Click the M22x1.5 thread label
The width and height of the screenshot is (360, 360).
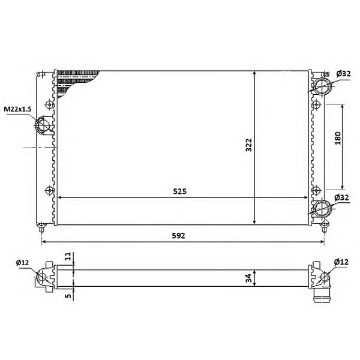[17, 109]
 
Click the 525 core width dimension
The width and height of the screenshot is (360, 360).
[180, 191]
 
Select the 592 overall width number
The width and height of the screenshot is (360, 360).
[178, 236]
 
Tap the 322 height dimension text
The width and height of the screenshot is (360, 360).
[248, 145]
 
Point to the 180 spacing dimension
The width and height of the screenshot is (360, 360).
[338, 138]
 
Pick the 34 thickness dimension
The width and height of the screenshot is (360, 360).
[248, 278]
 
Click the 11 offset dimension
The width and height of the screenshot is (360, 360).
[68, 256]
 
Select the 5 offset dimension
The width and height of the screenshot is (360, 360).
[68, 295]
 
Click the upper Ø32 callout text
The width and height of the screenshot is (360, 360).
[344, 74]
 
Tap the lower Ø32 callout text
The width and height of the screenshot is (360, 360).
[341, 197]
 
